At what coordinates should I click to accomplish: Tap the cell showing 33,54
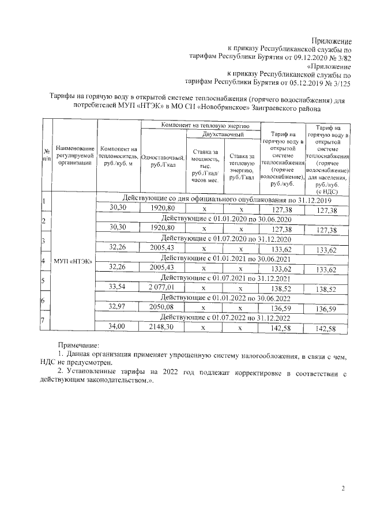pyautogui.click(x=118, y=289)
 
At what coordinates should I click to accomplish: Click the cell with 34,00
pyautogui.click(x=118, y=328)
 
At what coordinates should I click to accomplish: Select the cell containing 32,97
pyautogui.click(x=118, y=309)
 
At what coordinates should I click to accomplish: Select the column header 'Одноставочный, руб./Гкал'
pyautogui.click(x=163, y=162)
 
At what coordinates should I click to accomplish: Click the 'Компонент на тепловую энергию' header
pyautogui.click(x=200, y=125)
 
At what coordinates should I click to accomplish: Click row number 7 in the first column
pyautogui.click(x=43, y=321)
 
